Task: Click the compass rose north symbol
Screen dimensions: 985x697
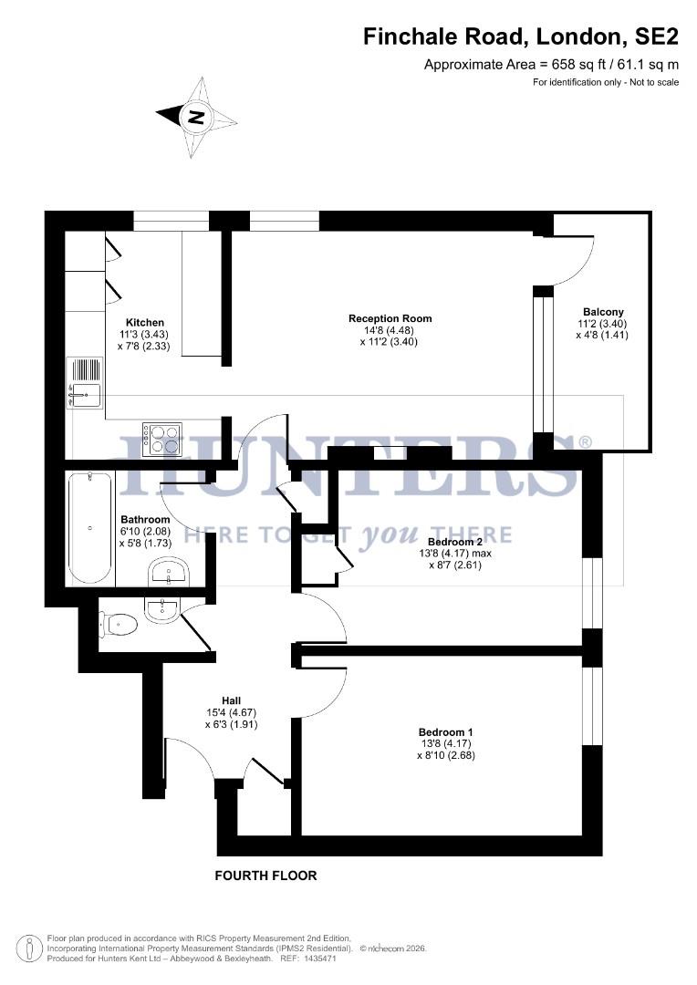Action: coord(196,117)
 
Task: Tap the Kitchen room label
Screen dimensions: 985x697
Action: coord(145,323)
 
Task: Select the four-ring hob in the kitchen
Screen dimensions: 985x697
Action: coord(162,438)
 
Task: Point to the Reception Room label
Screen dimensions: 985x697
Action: coord(390,318)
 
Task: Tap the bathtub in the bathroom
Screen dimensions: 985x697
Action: coord(89,528)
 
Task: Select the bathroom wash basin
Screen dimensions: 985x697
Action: coord(169,572)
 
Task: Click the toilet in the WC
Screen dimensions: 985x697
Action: coord(120,625)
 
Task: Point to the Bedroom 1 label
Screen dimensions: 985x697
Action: coord(445,732)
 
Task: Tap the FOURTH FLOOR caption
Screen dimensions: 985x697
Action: coord(265,876)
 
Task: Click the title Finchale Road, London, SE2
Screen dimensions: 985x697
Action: coord(521,37)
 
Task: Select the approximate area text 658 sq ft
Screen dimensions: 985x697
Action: coord(551,65)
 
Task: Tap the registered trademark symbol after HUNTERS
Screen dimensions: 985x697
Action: coord(585,442)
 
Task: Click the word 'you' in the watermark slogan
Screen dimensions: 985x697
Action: coord(390,534)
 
